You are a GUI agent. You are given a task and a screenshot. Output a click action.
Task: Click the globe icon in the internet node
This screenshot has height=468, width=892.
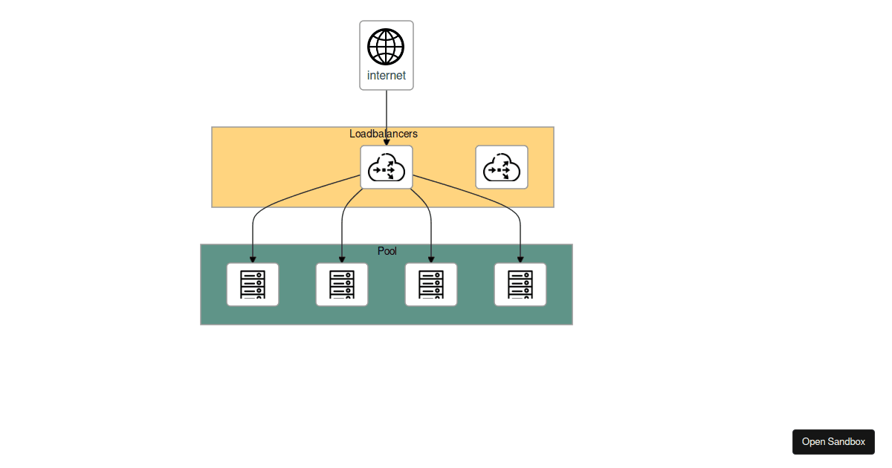point(386,47)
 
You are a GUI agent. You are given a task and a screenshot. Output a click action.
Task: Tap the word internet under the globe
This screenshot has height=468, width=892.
point(387,76)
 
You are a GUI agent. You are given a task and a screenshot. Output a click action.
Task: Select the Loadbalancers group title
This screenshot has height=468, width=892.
point(384,134)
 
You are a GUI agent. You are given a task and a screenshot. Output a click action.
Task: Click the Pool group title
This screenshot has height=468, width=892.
point(387,251)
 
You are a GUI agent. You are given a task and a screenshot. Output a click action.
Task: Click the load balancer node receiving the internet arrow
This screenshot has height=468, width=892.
point(387,167)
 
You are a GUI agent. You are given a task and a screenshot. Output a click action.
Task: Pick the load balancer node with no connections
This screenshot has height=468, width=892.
point(502,167)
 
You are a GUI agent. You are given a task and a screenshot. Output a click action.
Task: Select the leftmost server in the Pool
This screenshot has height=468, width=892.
point(253,285)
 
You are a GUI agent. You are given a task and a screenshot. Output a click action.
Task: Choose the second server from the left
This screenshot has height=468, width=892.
point(342,285)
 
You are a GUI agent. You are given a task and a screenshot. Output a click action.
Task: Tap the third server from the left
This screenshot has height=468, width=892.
point(431,285)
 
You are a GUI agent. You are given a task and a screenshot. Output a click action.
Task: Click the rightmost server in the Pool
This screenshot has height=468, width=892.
point(520,285)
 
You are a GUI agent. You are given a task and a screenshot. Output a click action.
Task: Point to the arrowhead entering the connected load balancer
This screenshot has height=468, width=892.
point(387,142)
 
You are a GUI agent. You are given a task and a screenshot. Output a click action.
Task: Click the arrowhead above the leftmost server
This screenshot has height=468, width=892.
point(253,259)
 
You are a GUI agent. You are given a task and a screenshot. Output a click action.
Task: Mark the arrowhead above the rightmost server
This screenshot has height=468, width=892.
point(520,259)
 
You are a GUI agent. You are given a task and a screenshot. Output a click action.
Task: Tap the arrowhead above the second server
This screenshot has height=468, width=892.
point(342,259)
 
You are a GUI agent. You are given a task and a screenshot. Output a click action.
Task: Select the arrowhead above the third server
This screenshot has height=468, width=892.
point(431,259)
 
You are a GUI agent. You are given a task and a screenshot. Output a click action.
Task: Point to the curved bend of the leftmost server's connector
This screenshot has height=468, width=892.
point(257,211)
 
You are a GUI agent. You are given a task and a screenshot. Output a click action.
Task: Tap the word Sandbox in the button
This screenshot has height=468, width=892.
point(847,442)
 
